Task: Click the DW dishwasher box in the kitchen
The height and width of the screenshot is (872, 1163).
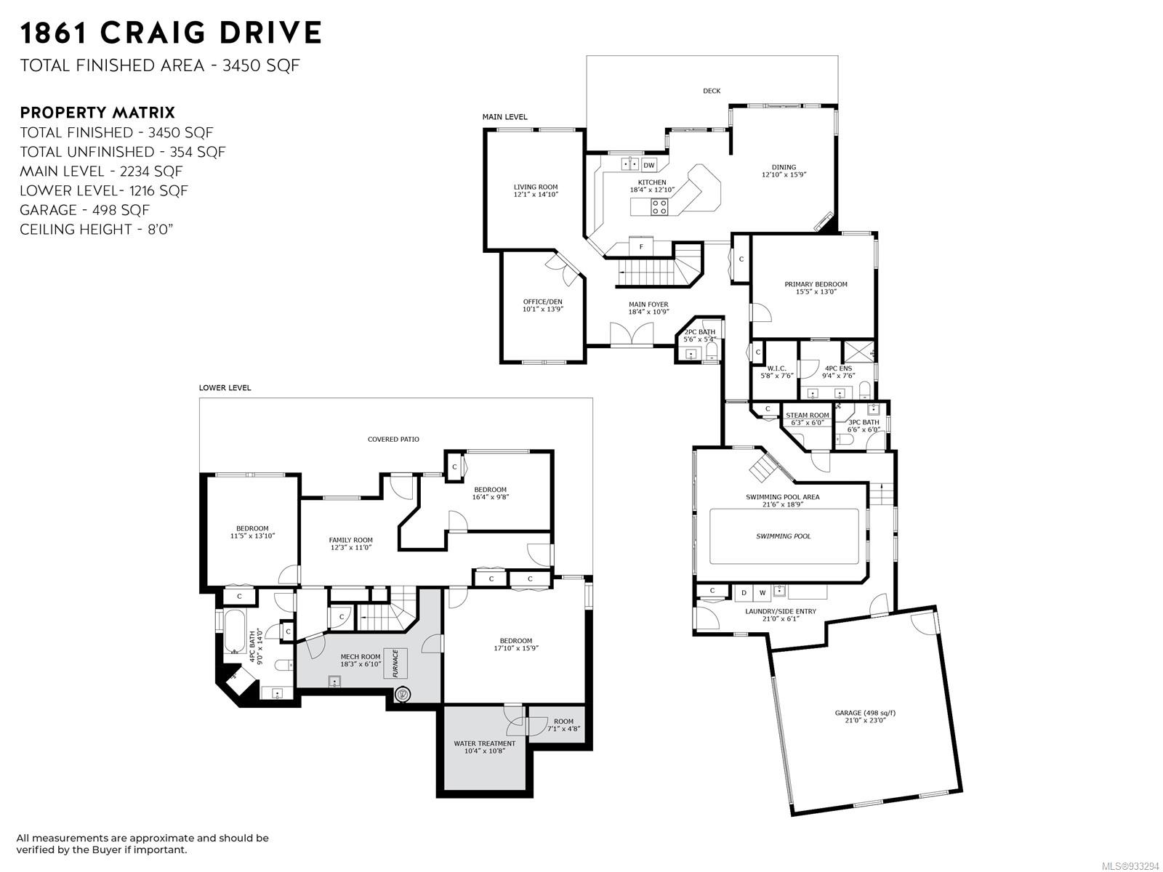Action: coord(648,165)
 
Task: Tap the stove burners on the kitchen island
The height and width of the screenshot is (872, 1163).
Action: coord(659,206)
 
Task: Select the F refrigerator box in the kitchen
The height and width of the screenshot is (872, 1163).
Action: coord(641,246)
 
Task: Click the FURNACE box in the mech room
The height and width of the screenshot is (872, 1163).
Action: coord(396,663)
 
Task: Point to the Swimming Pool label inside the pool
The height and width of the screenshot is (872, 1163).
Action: coord(783,536)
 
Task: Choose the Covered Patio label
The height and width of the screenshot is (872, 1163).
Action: coord(393,440)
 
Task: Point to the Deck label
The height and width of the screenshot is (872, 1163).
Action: coord(712,91)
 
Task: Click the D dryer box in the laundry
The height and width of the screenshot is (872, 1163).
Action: coord(744,592)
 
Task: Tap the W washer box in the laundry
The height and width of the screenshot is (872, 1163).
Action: coord(762,592)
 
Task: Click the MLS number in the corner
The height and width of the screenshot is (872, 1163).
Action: coord(1131,866)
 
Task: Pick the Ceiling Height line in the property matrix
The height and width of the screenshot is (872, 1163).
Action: coord(97,230)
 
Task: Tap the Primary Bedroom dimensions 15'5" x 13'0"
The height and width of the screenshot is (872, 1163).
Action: coord(816,291)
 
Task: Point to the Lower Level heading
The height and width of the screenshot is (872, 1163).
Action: coord(225,387)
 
